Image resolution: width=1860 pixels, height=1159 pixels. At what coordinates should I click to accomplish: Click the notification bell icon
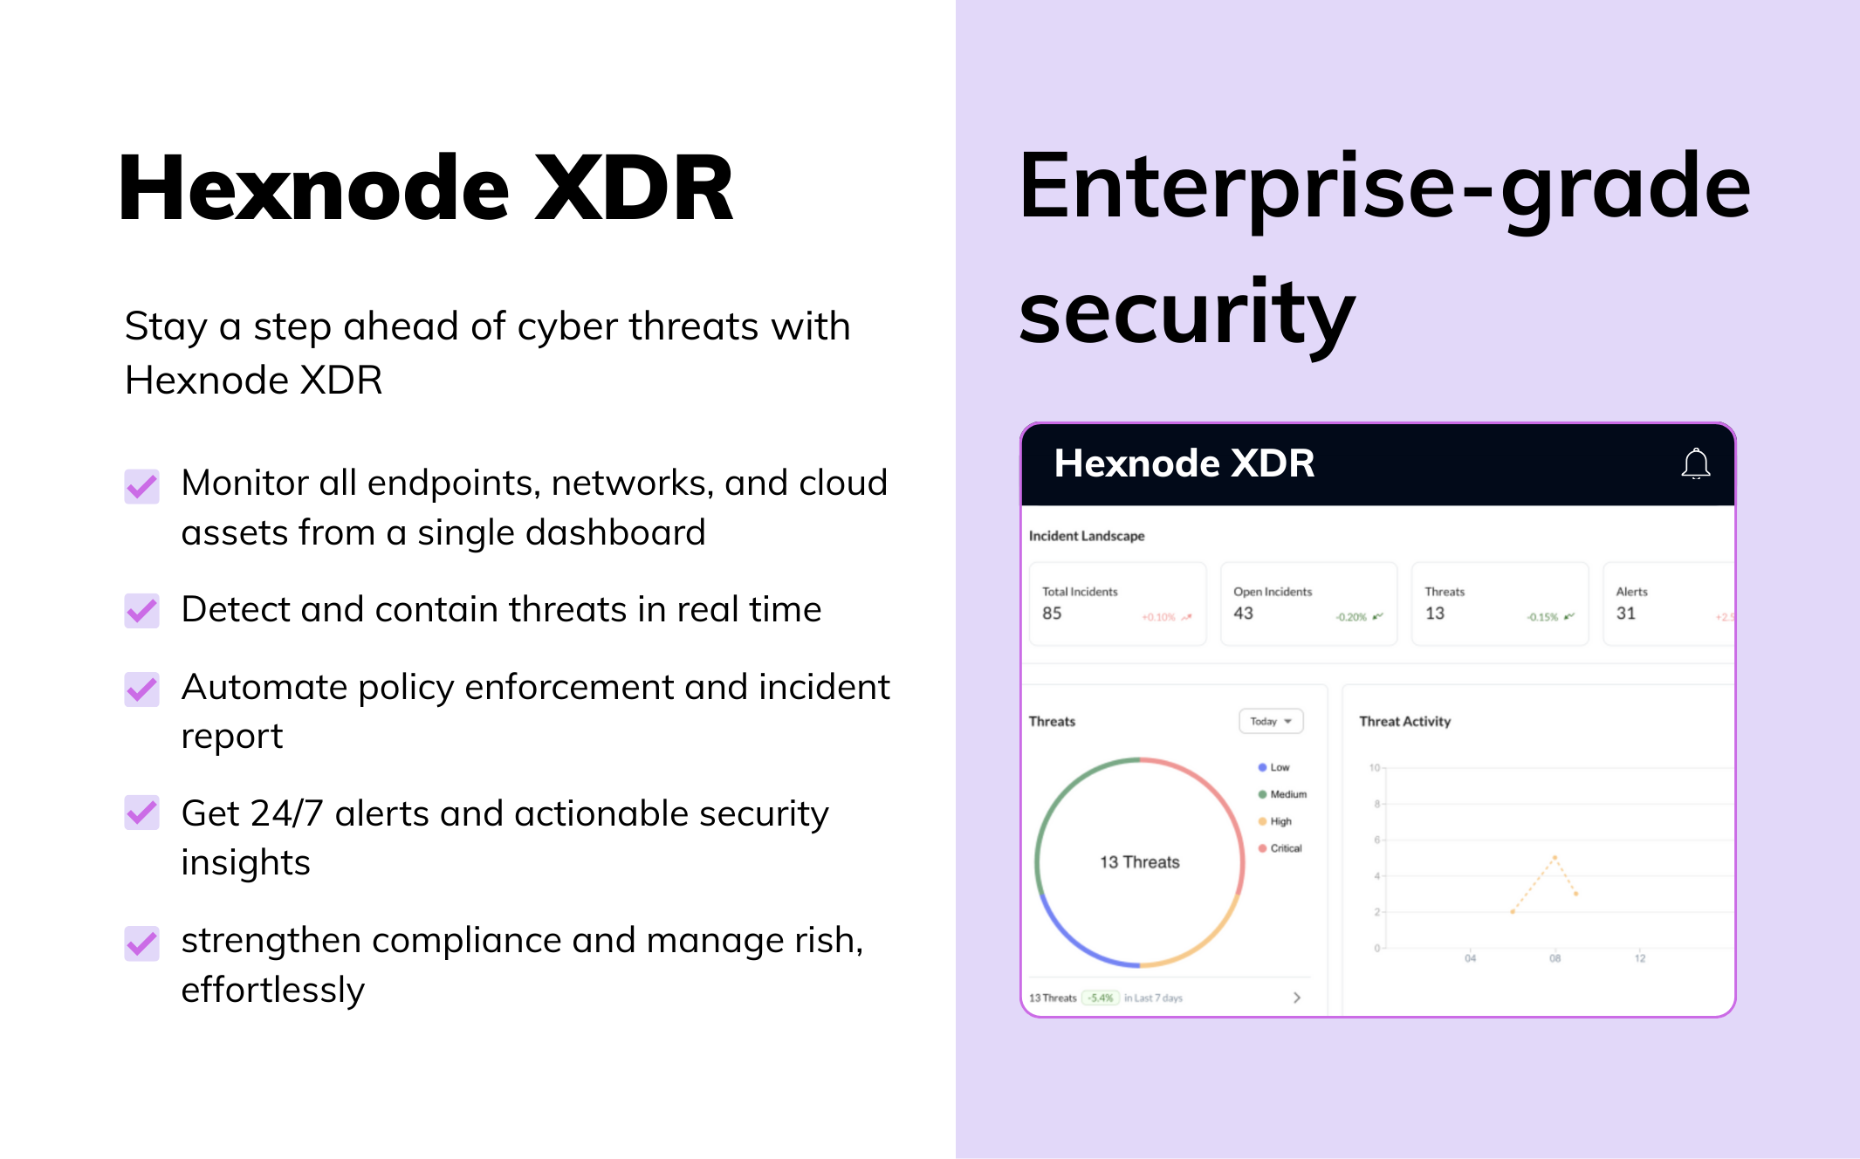coord(1695,463)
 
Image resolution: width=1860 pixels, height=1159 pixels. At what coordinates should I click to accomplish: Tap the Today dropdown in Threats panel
coord(1271,721)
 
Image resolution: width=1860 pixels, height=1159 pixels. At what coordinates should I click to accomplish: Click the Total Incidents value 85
coord(1052,614)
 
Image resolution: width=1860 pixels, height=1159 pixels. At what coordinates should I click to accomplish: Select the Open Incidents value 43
coord(1243,614)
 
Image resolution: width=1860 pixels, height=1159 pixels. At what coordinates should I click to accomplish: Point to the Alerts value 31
coord(1625,614)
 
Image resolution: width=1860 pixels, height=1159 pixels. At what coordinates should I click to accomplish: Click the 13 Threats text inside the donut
coord(1139,862)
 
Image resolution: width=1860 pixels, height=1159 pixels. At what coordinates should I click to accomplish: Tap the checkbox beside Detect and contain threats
coord(142,610)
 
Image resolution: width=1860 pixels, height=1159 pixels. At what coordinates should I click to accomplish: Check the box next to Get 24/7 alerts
coord(142,813)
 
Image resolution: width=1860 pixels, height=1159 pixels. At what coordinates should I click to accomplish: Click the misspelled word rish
coord(828,941)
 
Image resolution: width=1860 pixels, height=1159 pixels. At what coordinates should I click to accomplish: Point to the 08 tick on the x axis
coord(1555,958)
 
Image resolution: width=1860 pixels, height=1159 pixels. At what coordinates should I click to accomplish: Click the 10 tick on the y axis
coord(1375,768)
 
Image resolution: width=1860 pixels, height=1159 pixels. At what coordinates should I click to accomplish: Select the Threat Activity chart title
coord(1404,721)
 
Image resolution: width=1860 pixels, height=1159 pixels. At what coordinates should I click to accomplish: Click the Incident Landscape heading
coord(1086,536)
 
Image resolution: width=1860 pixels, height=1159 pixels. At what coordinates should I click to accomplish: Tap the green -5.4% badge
coord(1101,998)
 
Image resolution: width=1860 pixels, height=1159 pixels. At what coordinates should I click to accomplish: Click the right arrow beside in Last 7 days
coord(1297,998)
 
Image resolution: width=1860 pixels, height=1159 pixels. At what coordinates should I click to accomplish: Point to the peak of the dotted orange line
coord(1555,857)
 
